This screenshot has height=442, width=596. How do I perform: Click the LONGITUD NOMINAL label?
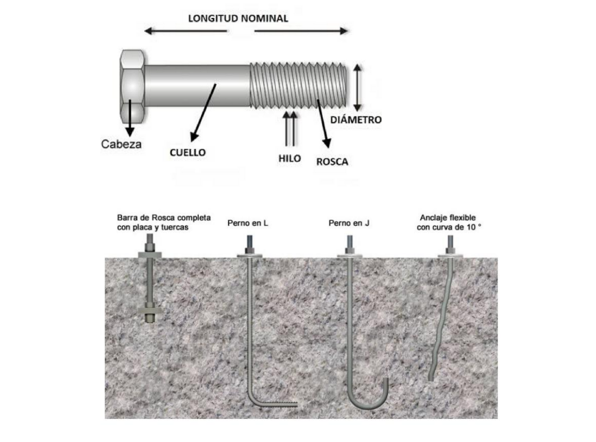(238, 19)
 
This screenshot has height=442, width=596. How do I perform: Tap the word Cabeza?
(121, 144)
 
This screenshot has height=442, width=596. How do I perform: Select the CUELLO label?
(188, 152)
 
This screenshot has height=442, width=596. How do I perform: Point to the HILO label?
(290, 158)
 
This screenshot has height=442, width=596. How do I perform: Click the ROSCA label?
(332, 162)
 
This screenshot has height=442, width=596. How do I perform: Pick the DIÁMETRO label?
(355, 119)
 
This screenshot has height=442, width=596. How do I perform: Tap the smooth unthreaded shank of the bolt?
(197, 86)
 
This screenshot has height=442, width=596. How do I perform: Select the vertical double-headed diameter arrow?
(357, 87)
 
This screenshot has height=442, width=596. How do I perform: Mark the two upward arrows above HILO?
(290, 128)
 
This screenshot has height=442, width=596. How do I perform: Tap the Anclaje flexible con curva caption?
(451, 222)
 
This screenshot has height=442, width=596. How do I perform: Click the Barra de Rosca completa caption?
(164, 222)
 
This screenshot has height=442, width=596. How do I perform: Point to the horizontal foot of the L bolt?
(276, 404)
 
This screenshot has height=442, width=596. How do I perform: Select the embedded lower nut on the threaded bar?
(150, 310)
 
